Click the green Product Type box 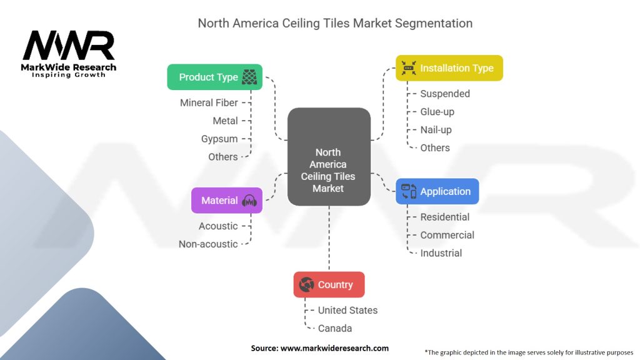(x=214, y=77)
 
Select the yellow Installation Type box (x=449, y=68)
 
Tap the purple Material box (x=226, y=201)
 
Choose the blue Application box (x=437, y=191)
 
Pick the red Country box (x=329, y=284)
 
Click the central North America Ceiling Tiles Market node (x=329, y=157)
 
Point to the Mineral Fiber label (x=209, y=102)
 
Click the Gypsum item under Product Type (x=219, y=139)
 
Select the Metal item (x=225, y=121)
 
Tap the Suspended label (x=445, y=94)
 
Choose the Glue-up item (x=437, y=112)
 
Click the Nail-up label (x=436, y=130)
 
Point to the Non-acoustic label (x=208, y=244)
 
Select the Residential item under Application (x=445, y=217)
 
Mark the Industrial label (x=441, y=253)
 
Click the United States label (x=347, y=310)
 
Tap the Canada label (x=335, y=328)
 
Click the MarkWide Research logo (x=69, y=54)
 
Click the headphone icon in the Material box (x=249, y=201)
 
